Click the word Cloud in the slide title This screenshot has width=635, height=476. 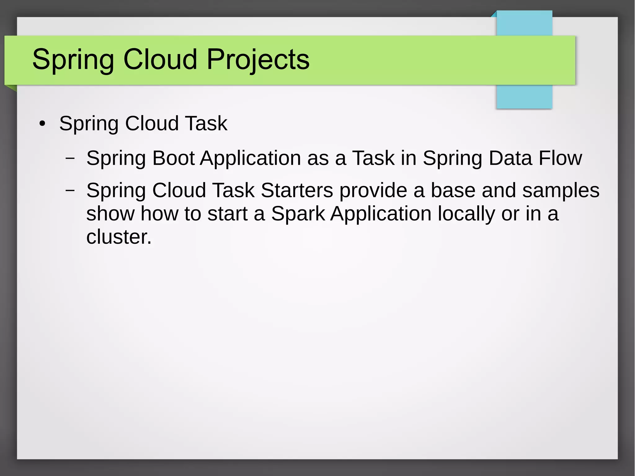[x=160, y=59]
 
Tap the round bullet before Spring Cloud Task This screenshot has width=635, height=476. [x=42, y=124]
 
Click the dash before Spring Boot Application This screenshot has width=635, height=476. [x=70, y=158]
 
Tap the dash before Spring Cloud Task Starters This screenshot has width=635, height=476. [x=70, y=190]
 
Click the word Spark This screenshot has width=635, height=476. [x=298, y=214]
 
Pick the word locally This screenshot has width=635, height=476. [x=466, y=214]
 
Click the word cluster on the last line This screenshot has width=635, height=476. [x=118, y=237]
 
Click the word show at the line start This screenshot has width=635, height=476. [x=110, y=214]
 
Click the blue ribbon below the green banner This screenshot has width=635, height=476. [x=524, y=96]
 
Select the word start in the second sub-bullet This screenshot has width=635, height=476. [x=227, y=214]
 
